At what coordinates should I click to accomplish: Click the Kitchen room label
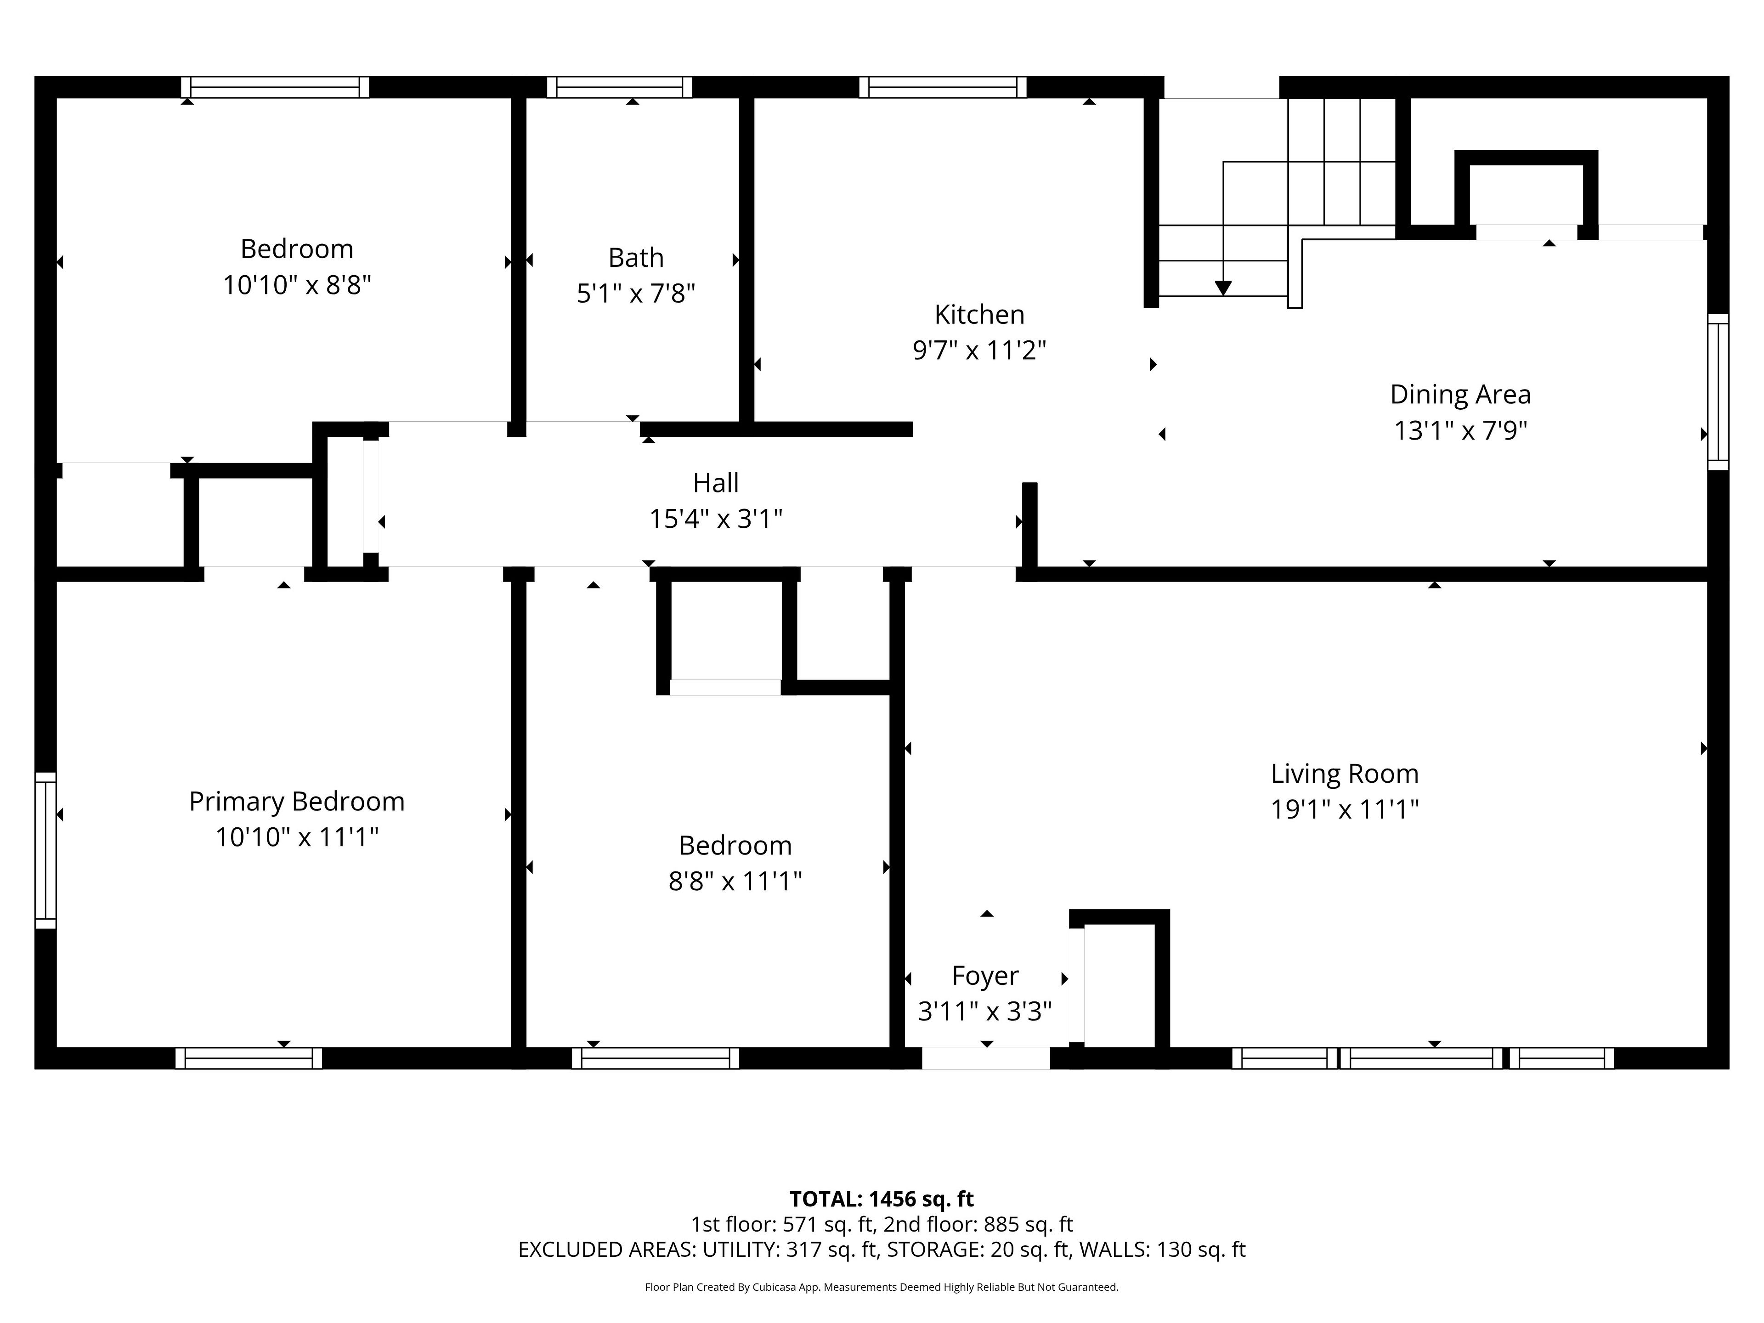pyautogui.click(x=979, y=315)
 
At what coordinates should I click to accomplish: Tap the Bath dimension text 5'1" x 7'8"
pyautogui.click(x=636, y=294)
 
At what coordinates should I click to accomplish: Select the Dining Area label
pyautogui.click(x=1460, y=395)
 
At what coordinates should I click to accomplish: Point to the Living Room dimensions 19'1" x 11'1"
pyautogui.click(x=1345, y=809)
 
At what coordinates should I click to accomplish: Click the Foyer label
pyautogui.click(x=985, y=976)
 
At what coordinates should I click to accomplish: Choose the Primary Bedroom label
pyautogui.click(x=297, y=802)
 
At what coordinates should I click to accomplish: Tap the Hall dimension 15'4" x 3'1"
pyautogui.click(x=715, y=519)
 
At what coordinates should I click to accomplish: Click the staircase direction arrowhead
pyautogui.click(x=1222, y=288)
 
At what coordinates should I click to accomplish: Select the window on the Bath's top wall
pyautogui.click(x=620, y=87)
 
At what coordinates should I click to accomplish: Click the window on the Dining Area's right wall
pyautogui.click(x=1718, y=391)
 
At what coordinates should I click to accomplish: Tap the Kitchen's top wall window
pyautogui.click(x=943, y=87)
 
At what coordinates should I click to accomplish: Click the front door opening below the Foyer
pyautogui.click(x=986, y=1058)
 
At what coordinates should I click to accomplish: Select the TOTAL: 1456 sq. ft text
pyautogui.click(x=881, y=1199)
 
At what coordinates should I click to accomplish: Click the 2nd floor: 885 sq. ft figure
pyautogui.click(x=978, y=1224)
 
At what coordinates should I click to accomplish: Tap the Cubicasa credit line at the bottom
pyautogui.click(x=881, y=1287)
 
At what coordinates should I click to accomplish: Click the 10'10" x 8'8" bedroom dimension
pyautogui.click(x=297, y=285)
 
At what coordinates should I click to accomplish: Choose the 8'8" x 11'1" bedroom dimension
pyautogui.click(x=735, y=881)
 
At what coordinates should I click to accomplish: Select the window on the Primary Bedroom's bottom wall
pyautogui.click(x=249, y=1058)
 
